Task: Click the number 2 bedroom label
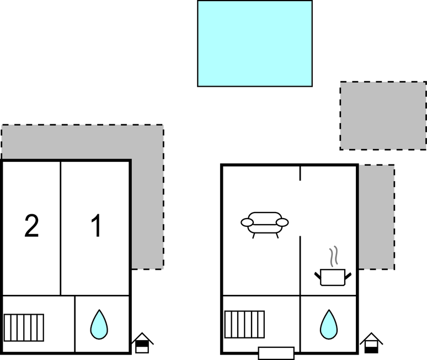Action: click(x=31, y=226)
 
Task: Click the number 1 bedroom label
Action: click(x=97, y=225)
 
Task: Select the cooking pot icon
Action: click(x=333, y=277)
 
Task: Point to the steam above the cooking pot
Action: click(x=334, y=256)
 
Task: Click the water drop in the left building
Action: click(x=99, y=324)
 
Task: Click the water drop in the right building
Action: click(x=329, y=324)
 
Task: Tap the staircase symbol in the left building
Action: click(x=24, y=327)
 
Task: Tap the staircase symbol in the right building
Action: click(x=244, y=324)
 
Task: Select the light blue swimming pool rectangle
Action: click(x=255, y=44)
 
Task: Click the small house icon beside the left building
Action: click(x=142, y=343)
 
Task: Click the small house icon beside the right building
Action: click(x=371, y=343)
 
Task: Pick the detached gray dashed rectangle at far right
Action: click(x=383, y=115)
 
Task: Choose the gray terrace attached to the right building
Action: click(x=376, y=217)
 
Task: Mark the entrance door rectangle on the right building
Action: click(x=276, y=353)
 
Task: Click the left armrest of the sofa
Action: click(x=247, y=223)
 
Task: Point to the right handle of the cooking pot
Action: click(x=348, y=276)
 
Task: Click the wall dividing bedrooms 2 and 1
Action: click(x=61, y=229)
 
